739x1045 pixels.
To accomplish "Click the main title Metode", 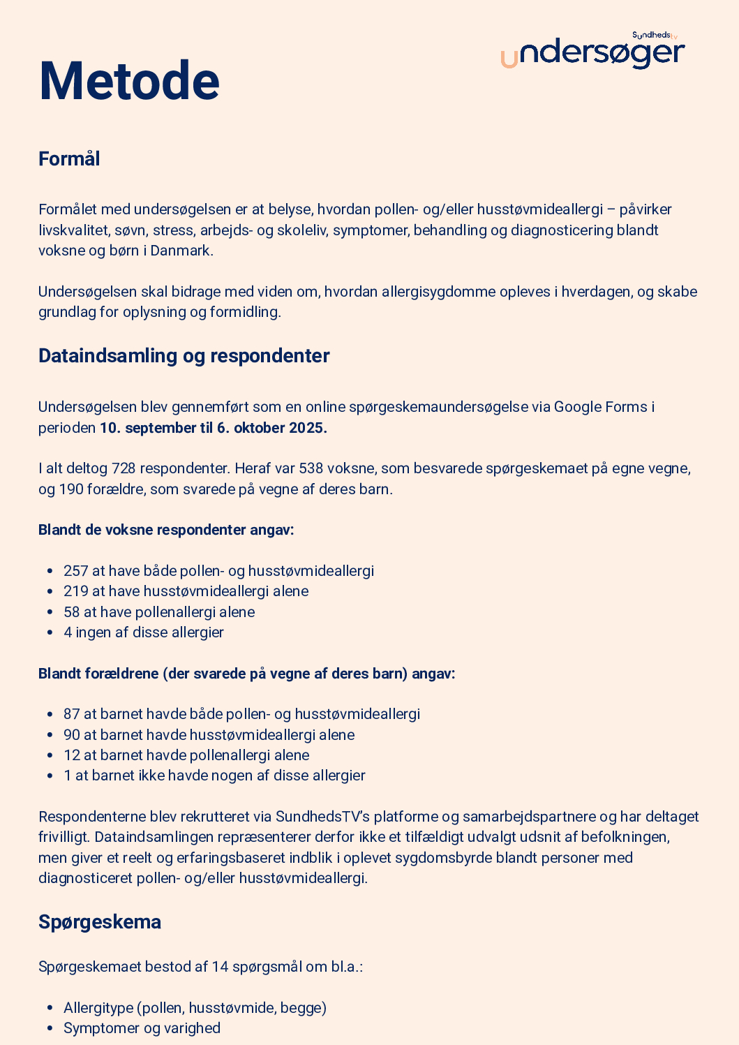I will (x=129, y=81).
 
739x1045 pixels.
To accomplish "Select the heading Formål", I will (x=69, y=159).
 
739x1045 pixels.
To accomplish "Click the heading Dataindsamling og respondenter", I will (x=184, y=356).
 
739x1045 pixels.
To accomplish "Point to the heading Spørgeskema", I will (x=99, y=922).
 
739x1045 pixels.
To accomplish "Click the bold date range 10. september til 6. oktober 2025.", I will (x=214, y=428).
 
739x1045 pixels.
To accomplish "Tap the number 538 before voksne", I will (x=311, y=468).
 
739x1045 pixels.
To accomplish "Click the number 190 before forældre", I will (x=70, y=489).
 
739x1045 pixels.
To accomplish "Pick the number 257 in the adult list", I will (x=75, y=571).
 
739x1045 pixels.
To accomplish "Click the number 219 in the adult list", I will (x=75, y=591).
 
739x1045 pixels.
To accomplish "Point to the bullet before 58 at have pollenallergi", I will (x=50, y=612).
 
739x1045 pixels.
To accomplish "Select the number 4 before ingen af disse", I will (x=68, y=632).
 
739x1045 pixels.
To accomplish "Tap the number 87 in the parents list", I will (x=71, y=714).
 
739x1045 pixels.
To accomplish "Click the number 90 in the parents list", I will (x=71, y=735).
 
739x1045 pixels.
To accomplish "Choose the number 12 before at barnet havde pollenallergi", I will (x=71, y=755).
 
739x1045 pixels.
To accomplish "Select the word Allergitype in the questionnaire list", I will (x=98, y=1008).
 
